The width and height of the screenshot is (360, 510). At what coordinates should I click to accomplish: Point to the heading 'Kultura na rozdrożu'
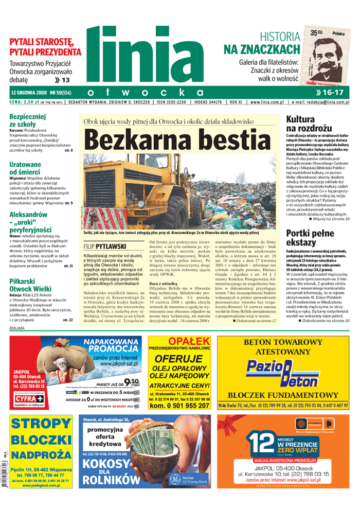click(305, 124)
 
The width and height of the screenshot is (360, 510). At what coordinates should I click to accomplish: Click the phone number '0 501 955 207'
click(179, 406)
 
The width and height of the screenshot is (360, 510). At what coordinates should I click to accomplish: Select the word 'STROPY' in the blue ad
click(40, 424)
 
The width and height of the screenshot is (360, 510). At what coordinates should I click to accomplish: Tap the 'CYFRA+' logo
click(25, 399)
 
